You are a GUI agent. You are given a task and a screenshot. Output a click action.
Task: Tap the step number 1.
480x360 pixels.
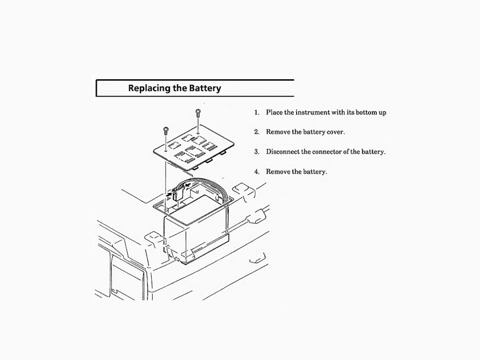(x=257, y=113)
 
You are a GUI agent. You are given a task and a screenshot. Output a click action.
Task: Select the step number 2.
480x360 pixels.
(x=257, y=132)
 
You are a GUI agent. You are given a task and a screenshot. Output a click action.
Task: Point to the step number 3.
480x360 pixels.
(x=257, y=152)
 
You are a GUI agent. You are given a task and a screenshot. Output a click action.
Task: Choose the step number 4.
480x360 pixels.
(x=257, y=172)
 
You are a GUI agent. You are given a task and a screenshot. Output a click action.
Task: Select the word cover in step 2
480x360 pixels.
(x=336, y=132)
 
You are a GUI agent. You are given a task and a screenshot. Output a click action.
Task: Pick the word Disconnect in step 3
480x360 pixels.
(x=283, y=152)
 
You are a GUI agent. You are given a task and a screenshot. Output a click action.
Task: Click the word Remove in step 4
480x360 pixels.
(x=278, y=172)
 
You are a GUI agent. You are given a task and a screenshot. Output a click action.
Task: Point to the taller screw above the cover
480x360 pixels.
(x=197, y=114)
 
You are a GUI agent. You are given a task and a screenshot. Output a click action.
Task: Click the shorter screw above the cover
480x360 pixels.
(x=166, y=129)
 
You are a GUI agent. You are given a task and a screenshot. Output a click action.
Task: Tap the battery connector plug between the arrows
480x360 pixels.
(x=177, y=194)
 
